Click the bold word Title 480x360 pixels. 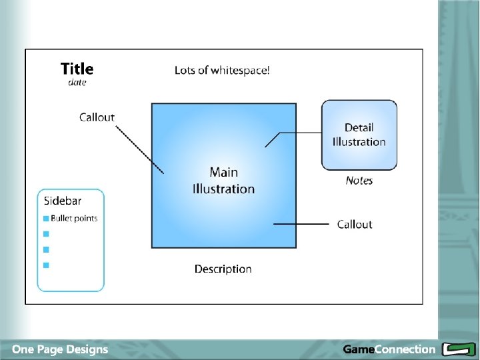77,69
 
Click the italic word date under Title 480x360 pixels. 77,83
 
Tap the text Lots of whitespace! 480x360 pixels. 222,70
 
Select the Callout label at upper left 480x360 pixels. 97,117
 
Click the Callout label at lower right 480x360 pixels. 354,225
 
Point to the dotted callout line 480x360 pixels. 139,149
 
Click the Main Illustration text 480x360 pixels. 223,181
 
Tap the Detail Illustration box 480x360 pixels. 359,135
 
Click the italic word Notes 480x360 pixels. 359,181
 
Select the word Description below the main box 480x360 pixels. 223,269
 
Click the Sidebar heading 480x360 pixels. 63,200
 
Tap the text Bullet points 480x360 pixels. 74,218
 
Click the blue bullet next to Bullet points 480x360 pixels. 46,218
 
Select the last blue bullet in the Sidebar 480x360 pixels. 46,265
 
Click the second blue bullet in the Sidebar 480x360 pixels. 46,233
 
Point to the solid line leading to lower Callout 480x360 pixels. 301,225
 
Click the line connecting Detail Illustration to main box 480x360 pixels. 300,133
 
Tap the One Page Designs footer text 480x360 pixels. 60,349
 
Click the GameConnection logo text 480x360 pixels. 389,349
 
